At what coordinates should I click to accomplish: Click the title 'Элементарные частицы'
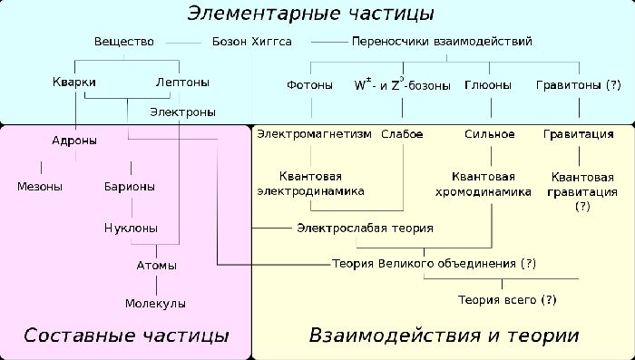(310, 15)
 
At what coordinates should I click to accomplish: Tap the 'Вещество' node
(124, 42)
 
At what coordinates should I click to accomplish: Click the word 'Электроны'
(183, 112)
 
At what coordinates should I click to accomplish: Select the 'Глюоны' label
(488, 85)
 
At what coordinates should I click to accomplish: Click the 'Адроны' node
(74, 141)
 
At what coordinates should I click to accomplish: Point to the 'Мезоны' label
(40, 187)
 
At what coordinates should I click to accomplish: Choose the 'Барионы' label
(129, 187)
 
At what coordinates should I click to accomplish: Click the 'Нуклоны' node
(130, 228)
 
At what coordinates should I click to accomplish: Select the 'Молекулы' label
(155, 303)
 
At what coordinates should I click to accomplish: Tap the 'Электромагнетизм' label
(314, 134)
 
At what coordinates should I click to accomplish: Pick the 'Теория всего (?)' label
(506, 298)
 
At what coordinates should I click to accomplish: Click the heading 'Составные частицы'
(126, 336)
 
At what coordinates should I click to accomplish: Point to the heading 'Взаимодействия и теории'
(444, 336)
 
